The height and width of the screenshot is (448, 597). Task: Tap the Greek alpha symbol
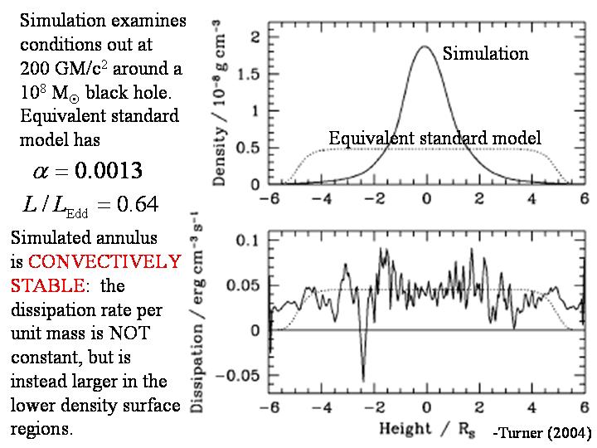pyautogui.click(x=41, y=172)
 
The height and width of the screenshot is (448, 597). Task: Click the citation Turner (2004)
pyautogui.click(x=541, y=433)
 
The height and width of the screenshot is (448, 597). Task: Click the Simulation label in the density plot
pyautogui.click(x=485, y=53)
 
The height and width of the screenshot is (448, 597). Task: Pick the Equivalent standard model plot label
pyautogui.click(x=434, y=138)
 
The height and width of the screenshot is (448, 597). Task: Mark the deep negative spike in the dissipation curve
pyautogui.click(x=362, y=380)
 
